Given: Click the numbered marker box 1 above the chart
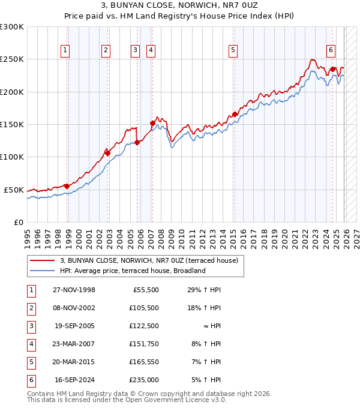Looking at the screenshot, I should pos(64,50).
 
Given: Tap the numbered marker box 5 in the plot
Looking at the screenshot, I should pos(232,50).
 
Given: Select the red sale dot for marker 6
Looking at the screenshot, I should pos(332,69).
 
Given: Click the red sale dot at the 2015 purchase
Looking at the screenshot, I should pos(235,114).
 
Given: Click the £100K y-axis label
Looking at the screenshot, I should pos(12,157).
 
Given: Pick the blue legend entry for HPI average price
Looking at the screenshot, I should pos(133,271).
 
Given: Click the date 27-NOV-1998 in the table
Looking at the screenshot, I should pos(74,290).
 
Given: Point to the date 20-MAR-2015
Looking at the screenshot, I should pos(74,362).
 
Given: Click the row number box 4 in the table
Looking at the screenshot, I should pos(30,344).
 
